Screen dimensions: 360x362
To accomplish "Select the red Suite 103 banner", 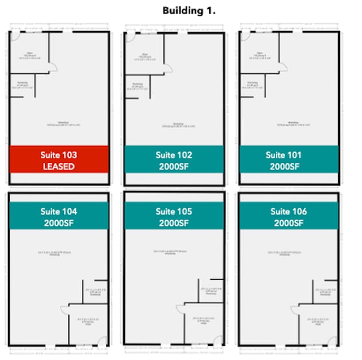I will point(59,160).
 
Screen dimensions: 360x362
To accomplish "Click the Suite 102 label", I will point(174,155).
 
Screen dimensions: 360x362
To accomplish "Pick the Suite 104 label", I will point(59,212).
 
